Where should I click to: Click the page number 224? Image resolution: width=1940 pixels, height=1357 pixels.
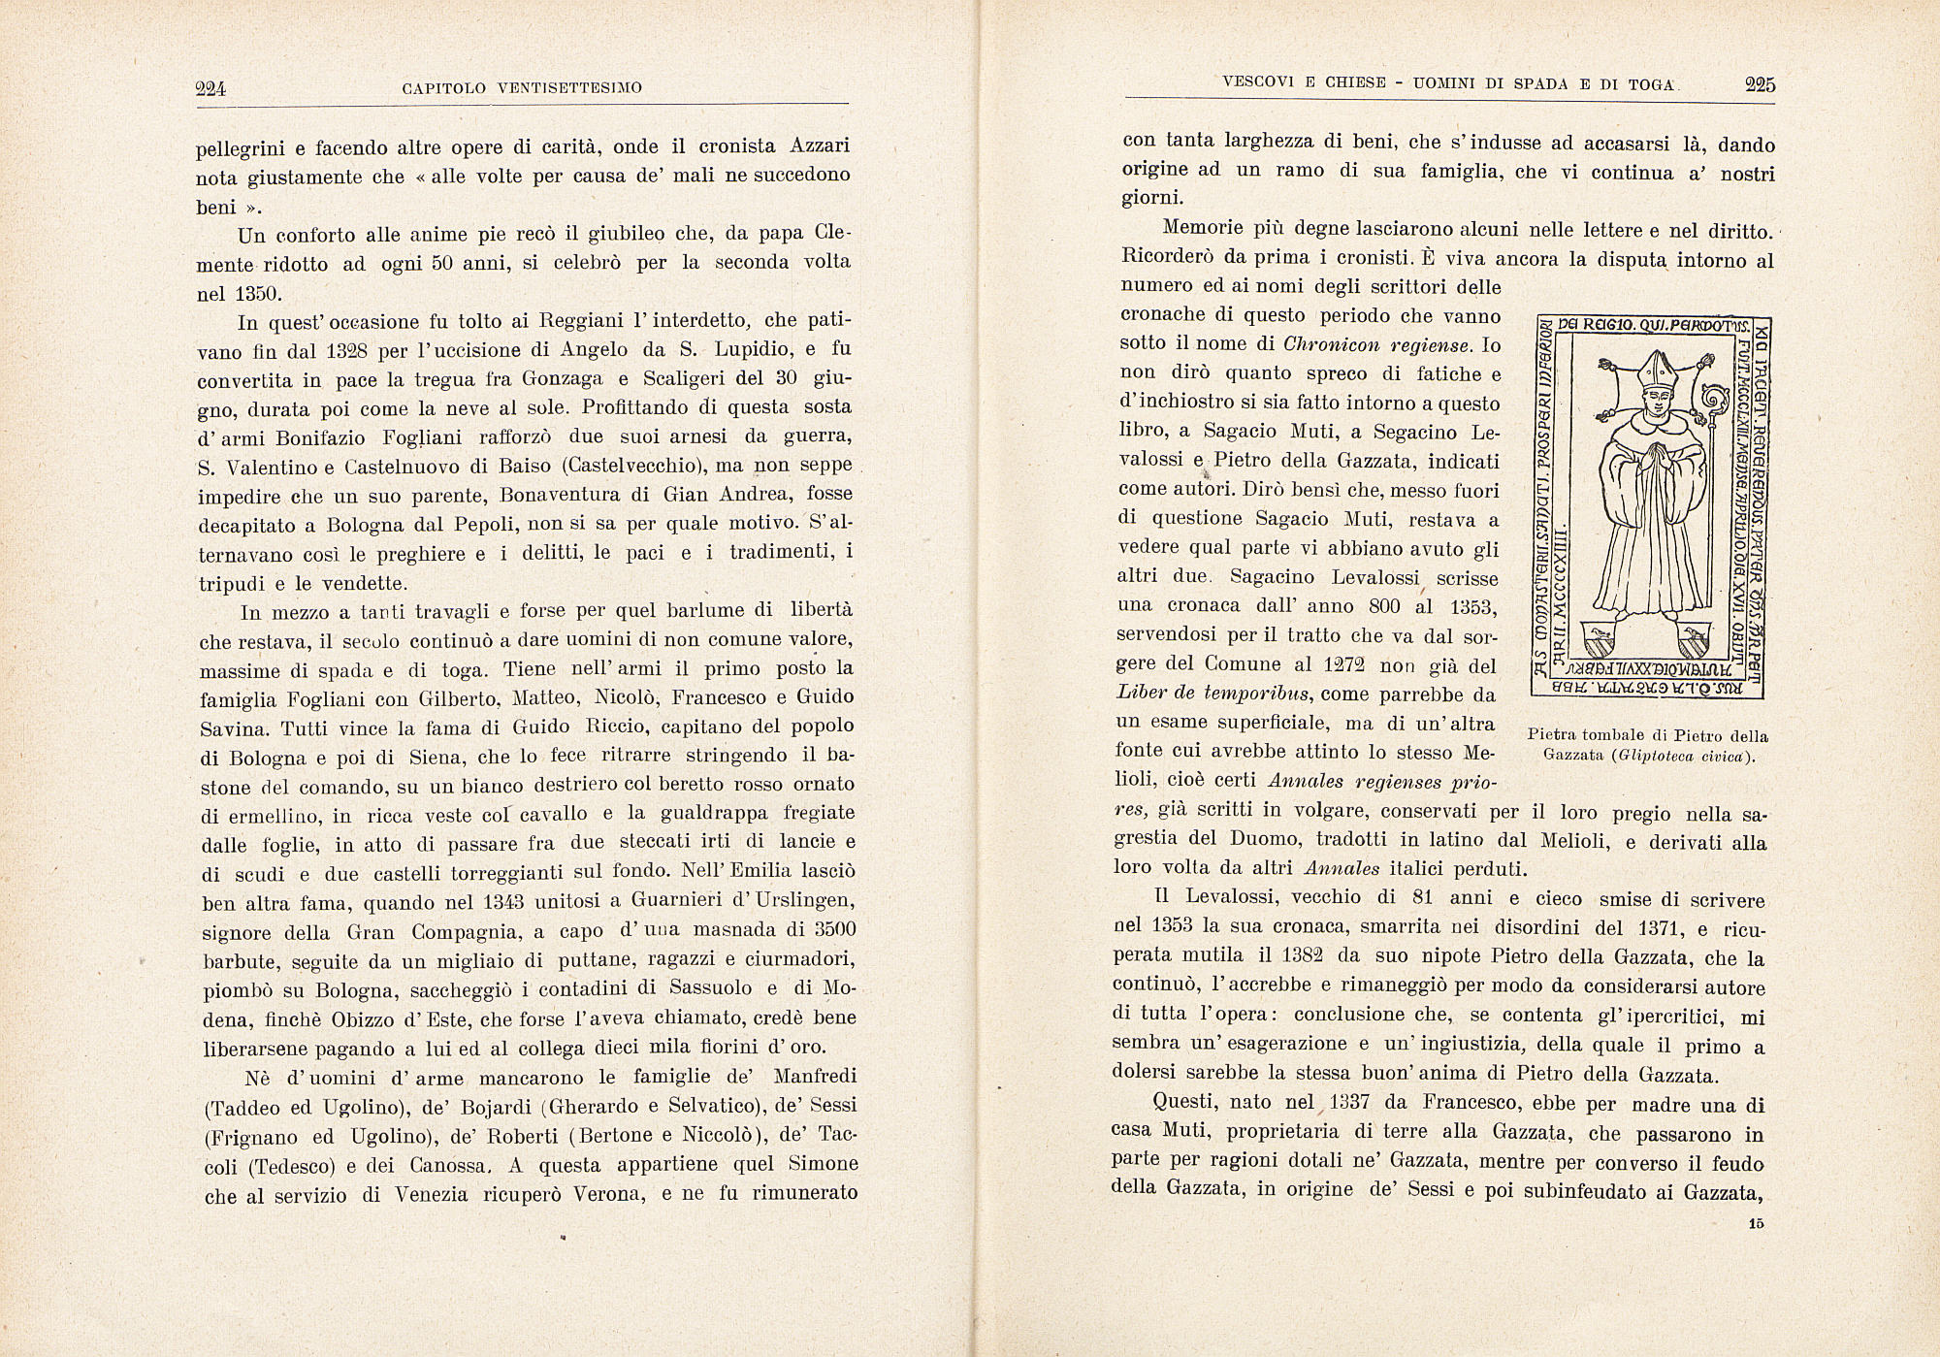[x=210, y=89]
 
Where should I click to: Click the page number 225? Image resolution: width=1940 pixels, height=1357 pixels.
[x=1760, y=84]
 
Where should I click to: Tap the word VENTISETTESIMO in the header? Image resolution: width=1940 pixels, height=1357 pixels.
[x=569, y=89]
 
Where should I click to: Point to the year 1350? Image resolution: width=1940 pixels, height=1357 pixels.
[x=256, y=293]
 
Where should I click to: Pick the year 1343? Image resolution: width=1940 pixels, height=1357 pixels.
[x=502, y=901]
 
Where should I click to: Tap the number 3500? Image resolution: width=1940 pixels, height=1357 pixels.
[x=833, y=929]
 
